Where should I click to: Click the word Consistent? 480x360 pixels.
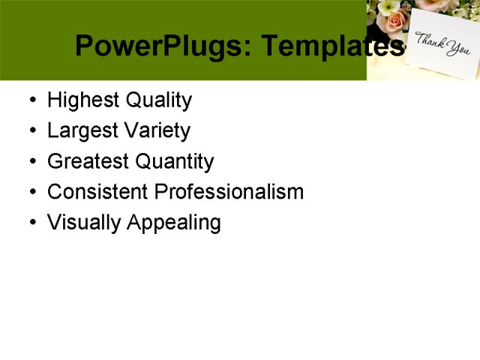pyautogui.click(x=97, y=192)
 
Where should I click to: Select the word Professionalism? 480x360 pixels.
pyautogui.click(x=229, y=192)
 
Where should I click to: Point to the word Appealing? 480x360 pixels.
pyautogui.click(x=174, y=223)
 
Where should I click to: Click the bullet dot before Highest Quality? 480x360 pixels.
pyautogui.click(x=31, y=101)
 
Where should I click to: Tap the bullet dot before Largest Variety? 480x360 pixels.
pyautogui.click(x=31, y=132)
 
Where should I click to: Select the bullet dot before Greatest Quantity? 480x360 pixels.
pyautogui.click(x=31, y=162)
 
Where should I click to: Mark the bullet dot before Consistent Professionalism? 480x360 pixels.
pyautogui.click(x=31, y=193)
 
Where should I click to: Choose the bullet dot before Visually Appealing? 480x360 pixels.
pyautogui.click(x=31, y=223)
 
